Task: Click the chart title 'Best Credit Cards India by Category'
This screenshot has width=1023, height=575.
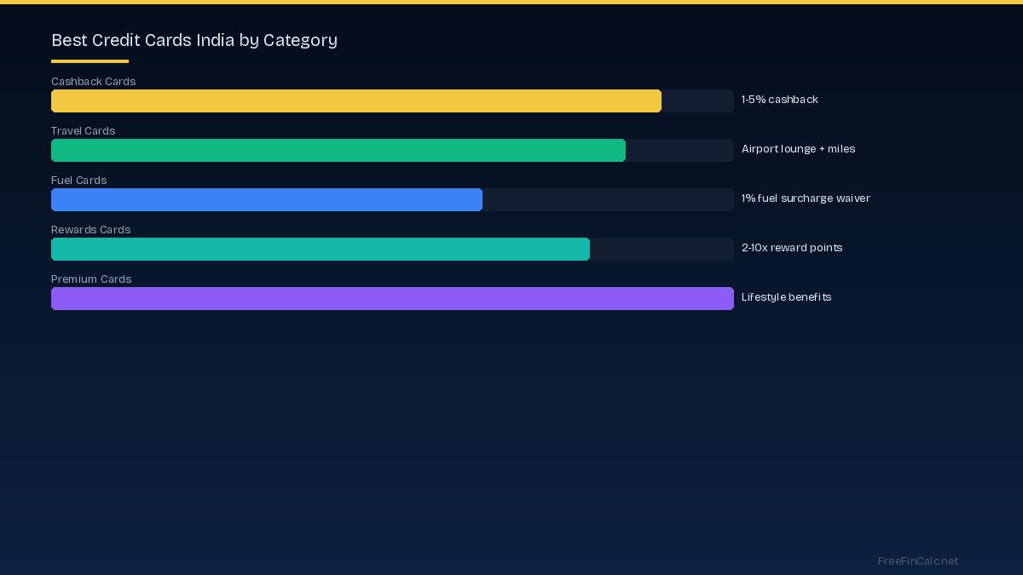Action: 194,40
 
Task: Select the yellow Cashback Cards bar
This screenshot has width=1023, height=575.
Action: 356,101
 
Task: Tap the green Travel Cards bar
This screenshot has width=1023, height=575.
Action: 338,150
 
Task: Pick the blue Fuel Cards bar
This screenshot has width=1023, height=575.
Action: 267,199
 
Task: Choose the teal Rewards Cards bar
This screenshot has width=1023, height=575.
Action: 321,249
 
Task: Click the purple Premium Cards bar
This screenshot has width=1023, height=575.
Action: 392,298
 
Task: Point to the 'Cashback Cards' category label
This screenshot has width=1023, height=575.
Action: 93,82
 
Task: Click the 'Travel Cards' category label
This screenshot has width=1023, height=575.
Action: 83,131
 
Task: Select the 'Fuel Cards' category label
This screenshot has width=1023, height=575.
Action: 78,181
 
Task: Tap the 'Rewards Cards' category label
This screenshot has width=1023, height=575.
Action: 90,230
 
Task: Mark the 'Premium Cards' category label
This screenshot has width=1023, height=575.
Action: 91,279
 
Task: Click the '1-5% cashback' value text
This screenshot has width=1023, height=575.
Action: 779,100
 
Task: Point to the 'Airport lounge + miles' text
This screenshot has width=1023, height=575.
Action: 798,149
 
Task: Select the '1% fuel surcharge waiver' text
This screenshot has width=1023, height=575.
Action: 806,198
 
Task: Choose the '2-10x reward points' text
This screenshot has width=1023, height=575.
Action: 792,248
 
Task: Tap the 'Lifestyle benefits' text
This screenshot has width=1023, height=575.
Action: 786,297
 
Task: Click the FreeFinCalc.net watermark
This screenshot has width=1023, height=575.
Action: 917,561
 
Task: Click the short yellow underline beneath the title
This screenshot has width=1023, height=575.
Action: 90,61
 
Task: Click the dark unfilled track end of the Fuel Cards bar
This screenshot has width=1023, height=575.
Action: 607,199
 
